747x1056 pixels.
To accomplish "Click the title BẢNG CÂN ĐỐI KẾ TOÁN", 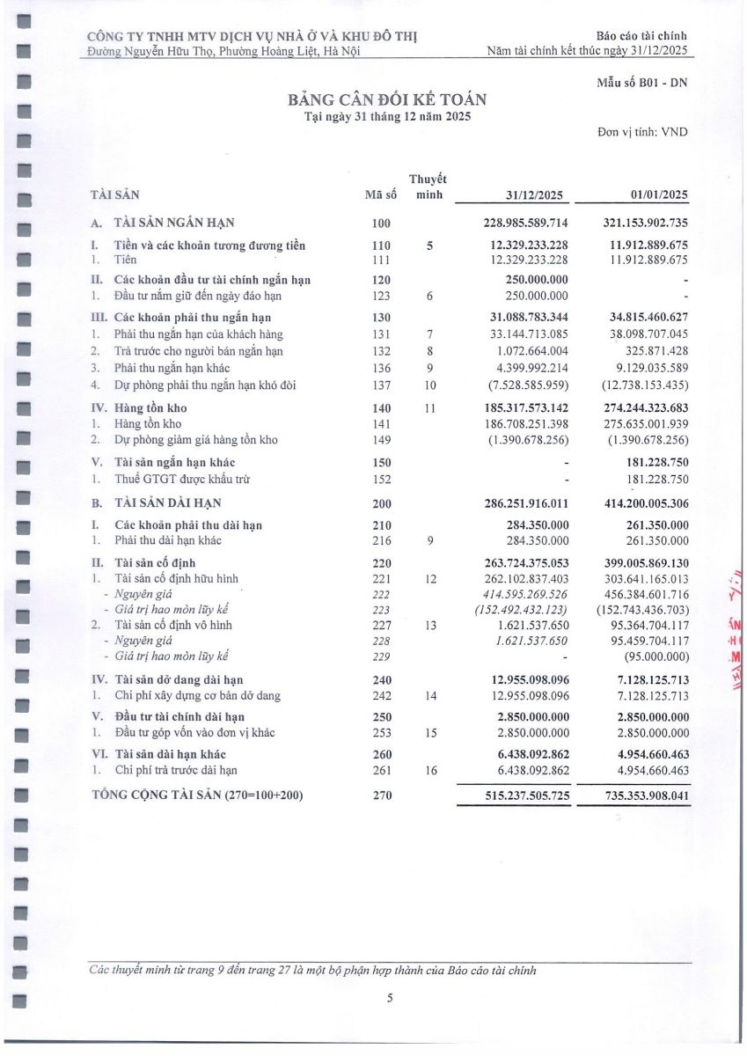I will (386, 99).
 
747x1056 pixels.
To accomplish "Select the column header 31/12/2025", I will (535, 195).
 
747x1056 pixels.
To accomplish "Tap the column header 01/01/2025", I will (659, 195).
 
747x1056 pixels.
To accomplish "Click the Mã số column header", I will (380, 195).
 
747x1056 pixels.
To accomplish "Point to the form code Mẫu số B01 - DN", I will (641, 83).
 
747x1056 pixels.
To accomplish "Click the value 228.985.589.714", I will (525, 224).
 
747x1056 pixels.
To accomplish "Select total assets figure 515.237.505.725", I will (525, 796).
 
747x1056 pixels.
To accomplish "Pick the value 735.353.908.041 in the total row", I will (645, 796).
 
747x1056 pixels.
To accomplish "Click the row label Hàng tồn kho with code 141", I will (148, 424).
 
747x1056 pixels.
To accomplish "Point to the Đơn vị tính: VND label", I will (642, 133).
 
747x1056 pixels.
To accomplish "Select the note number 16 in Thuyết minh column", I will (429, 770).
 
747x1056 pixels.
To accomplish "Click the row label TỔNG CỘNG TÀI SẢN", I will (198, 796).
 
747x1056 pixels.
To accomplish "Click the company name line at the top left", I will (253, 36).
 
